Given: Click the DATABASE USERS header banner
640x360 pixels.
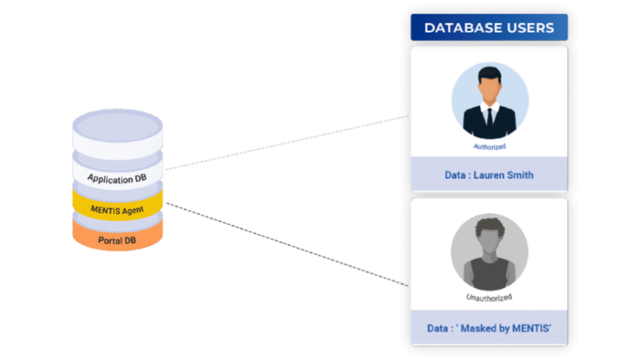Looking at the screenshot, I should (x=489, y=27).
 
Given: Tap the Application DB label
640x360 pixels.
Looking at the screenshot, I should (x=117, y=178).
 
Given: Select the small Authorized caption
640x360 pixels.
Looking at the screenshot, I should (x=489, y=147).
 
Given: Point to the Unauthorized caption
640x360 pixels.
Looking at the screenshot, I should (x=489, y=297).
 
